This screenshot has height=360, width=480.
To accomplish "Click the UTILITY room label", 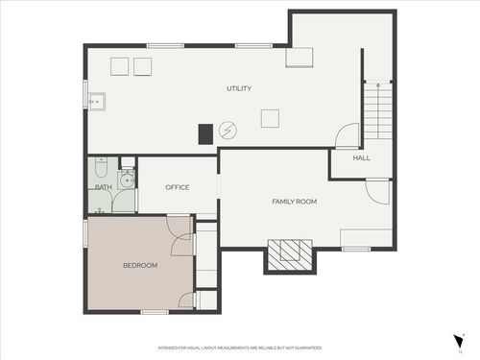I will pos(239,89).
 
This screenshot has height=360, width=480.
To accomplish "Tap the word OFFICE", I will pos(177,187).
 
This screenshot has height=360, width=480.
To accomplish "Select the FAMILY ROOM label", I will pos(294,202).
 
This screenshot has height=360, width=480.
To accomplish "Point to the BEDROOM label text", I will pos(139,265).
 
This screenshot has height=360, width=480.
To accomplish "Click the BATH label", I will pos(102,187).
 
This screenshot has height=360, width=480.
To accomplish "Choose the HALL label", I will pos(361,157).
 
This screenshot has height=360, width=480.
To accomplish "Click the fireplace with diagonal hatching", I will pos(290,253).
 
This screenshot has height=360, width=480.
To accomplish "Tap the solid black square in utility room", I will pos(205,134).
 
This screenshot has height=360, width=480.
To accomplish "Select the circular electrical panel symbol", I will pos(228,130).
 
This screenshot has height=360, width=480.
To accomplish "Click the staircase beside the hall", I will pos(378,110).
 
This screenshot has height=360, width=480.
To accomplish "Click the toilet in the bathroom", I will pos(125,177).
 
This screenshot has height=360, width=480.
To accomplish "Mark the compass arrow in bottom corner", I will pos(459,342).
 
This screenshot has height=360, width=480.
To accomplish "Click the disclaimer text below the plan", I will pos(239,348).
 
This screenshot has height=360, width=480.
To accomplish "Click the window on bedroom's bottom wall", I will pos(155,312).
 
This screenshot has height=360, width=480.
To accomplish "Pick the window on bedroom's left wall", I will pos(86,232).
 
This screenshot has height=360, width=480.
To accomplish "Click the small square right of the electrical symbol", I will pos(271,118).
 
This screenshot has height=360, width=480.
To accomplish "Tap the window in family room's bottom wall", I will pos(356,249).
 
